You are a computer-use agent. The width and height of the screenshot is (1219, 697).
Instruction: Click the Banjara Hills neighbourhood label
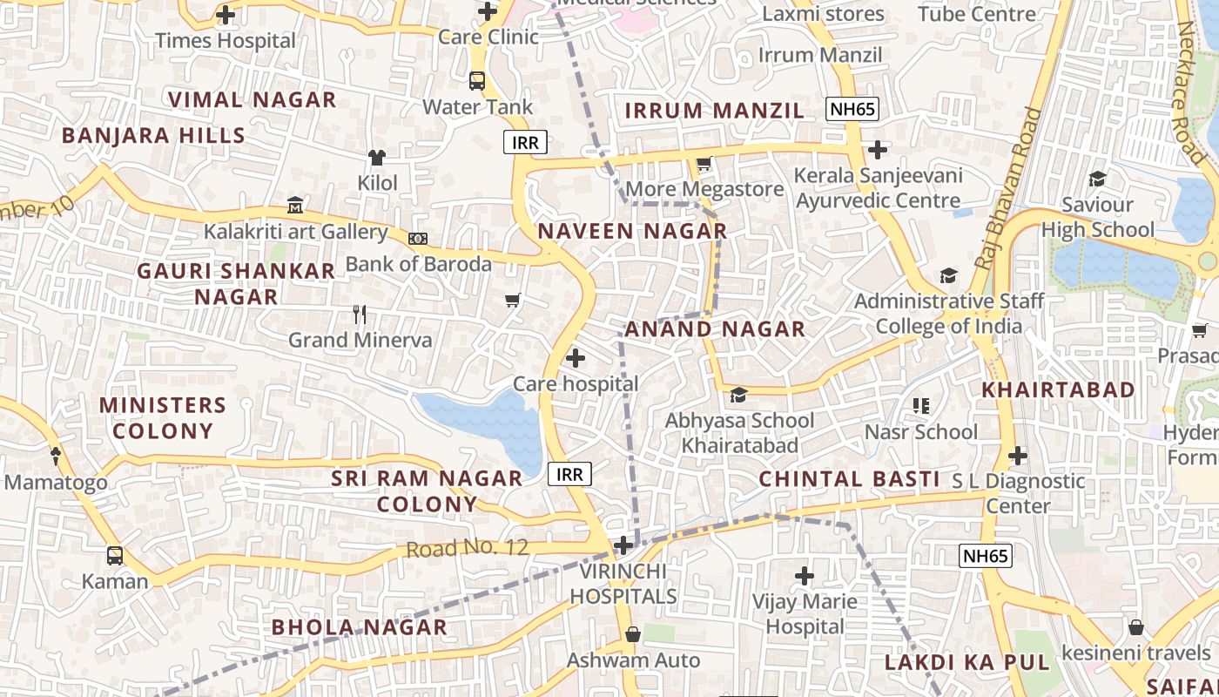pyautogui.click(x=153, y=136)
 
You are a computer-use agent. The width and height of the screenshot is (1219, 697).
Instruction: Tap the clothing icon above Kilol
pyautogui.click(x=377, y=157)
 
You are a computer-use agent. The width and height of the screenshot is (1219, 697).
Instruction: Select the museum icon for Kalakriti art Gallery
pyautogui.click(x=295, y=206)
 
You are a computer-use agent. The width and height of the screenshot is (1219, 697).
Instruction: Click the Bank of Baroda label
pyautogui.click(x=419, y=263)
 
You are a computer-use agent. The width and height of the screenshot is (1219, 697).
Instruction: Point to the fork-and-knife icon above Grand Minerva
pyautogui.click(x=360, y=315)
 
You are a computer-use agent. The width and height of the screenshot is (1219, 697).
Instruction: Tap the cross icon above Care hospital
pyautogui.click(x=576, y=358)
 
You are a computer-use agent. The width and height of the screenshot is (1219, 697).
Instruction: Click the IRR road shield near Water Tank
pyautogui.click(x=525, y=143)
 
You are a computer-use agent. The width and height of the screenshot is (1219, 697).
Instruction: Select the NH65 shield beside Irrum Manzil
pyautogui.click(x=852, y=109)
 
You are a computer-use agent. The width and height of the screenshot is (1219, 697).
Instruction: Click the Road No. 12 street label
pyautogui.click(x=468, y=548)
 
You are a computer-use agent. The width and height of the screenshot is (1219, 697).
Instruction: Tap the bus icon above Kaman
pyautogui.click(x=114, y=556)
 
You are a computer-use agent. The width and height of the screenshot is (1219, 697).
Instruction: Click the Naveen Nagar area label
pyautogui.click(x=632, y=231)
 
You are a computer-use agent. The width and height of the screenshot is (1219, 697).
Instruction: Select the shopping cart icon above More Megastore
pyautogui.click(x=704, y=163)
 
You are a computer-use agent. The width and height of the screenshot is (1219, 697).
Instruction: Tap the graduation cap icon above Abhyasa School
pyautogui.click(x=738, y=396)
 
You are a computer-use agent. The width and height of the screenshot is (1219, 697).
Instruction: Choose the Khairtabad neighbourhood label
pyautogui.click(x=1058, y=389)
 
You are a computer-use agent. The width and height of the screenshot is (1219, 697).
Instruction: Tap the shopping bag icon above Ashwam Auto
pyautogui.click(x=633, y=634)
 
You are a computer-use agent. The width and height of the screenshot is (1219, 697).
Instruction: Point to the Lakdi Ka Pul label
pyautogui.click(x=966, y=662)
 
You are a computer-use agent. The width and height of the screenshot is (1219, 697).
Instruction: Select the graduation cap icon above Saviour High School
pyautogui.click(x=1097, y=179)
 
